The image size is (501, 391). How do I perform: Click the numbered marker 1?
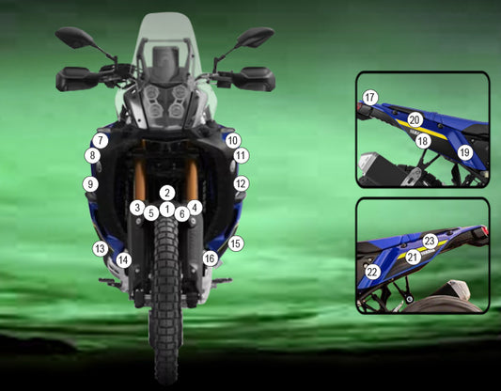166,210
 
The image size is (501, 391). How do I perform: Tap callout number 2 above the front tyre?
167,193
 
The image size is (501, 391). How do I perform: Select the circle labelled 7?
101,141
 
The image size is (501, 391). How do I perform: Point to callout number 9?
90,184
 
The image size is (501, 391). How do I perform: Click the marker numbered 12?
242,183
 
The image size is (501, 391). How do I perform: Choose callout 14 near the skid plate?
124,260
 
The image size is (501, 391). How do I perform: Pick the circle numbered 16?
210,258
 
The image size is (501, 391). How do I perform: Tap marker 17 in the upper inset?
370,98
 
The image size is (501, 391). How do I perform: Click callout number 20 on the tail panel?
415,120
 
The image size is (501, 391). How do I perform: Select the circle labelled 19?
465,153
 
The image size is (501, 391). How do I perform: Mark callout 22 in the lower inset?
372,273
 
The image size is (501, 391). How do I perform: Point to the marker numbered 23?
430,242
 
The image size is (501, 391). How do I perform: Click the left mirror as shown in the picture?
75,38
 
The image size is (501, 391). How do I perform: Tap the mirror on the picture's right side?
256,37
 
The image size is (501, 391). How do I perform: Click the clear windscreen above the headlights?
165,35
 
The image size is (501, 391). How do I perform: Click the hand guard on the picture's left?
73,79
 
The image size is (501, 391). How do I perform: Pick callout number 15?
236,243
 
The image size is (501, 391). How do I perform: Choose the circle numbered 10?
233,141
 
